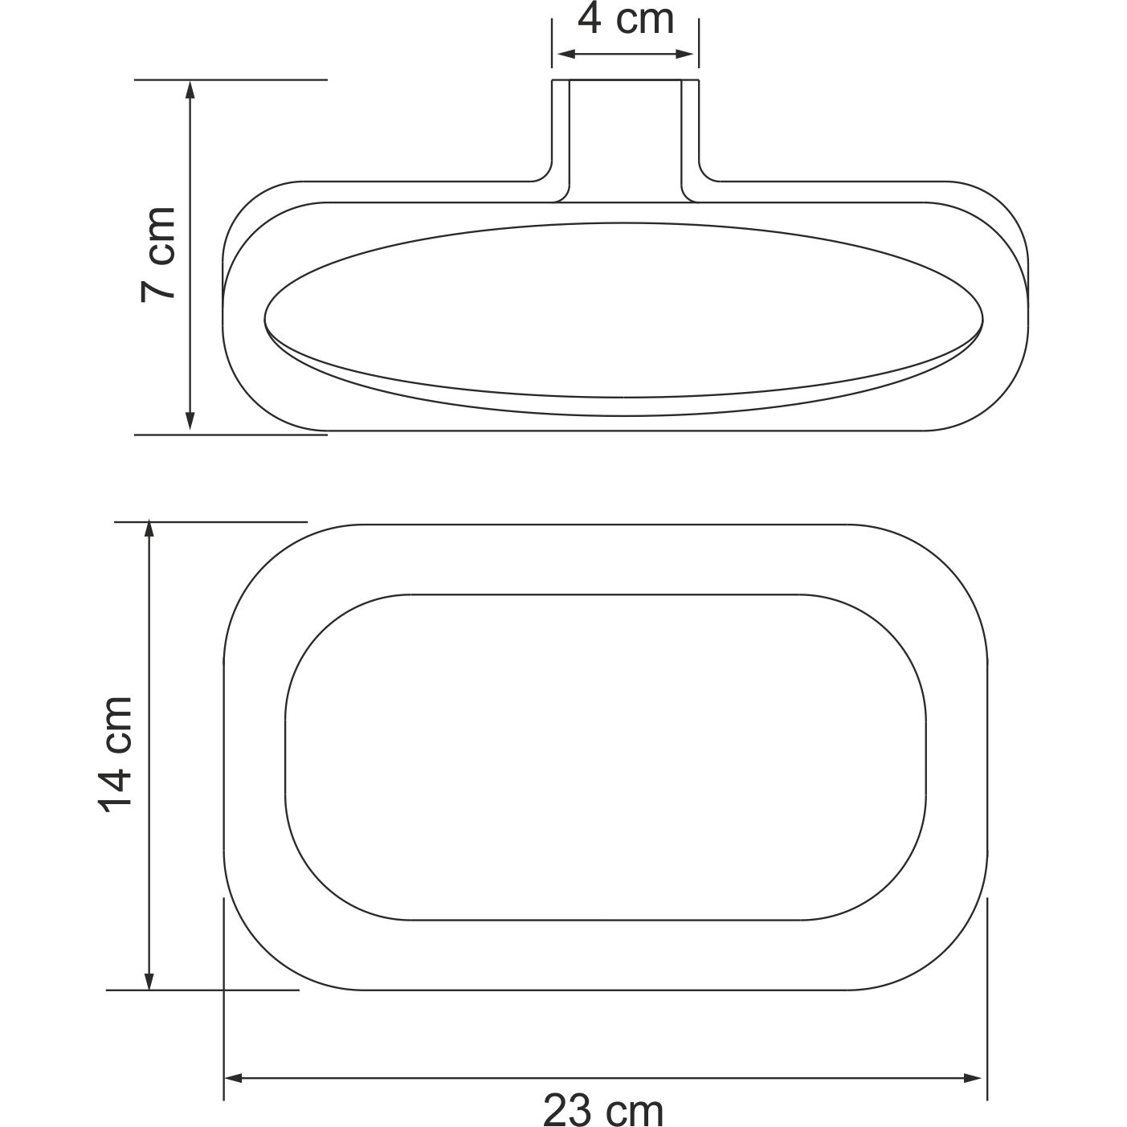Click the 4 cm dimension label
coord(625,20)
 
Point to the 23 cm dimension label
coord(603,1111)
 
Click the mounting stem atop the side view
coord(625,137)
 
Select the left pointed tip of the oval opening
coord(267,319)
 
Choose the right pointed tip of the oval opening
coord(980,319)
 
